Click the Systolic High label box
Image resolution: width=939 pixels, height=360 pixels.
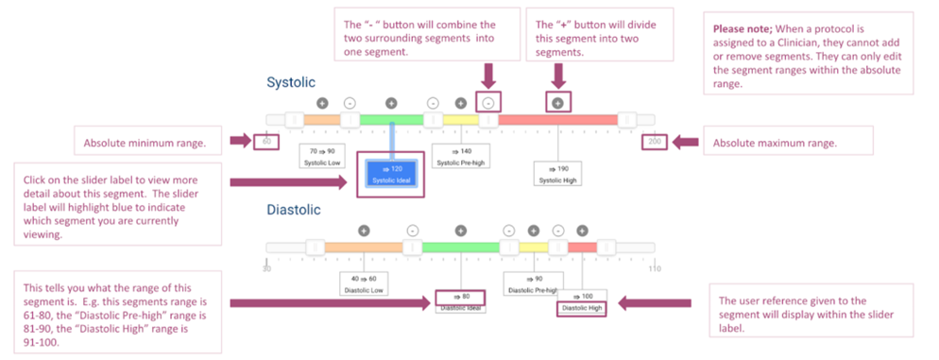click(557, 175)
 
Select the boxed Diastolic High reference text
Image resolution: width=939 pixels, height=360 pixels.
click(582, 307)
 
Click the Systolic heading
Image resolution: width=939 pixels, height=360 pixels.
click(290, 83)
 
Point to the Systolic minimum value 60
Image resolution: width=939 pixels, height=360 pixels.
click(266, 143)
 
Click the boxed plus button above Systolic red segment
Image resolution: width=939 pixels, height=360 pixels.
click(557, 102)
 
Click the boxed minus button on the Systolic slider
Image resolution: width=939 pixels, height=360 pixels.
click(488, 102)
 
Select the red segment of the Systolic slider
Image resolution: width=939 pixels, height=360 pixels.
click(557, 120)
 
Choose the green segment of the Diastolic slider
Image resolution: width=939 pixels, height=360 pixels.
click(460, 248)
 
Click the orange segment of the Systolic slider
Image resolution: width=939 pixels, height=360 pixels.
click(321, 120)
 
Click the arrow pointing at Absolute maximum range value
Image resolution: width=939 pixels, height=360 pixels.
click(685, 143)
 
